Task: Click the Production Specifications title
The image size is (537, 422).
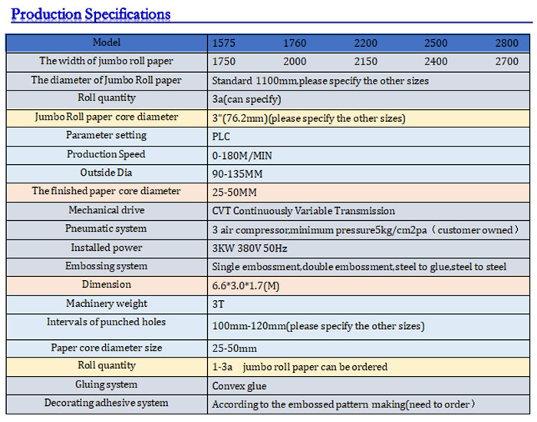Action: [x=91, y=14]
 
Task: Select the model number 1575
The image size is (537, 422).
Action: [x=225, y=43]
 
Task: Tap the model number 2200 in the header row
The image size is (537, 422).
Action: [x=365, y=43]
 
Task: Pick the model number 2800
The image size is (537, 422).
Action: [x=507, y=43]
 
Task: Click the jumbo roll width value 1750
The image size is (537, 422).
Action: [x=224, y=61]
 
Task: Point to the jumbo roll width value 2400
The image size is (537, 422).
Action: [x=436, y=61]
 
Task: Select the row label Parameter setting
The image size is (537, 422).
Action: [x=106, y=136]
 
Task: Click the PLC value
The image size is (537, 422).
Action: [x=221, y=137]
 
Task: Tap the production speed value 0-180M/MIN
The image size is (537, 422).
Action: [x=242, y=155]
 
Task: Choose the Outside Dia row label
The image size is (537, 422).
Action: [x=106, y=173]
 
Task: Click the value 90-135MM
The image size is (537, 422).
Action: [x=236, y=173]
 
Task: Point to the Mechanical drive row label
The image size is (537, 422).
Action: [x=106, y=210]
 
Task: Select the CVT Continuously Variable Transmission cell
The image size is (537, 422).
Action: [x=303, y=211]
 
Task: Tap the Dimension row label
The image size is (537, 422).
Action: [x=106, y=285]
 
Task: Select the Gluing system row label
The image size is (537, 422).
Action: [x=106, y=384]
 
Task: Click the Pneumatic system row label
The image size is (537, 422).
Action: [x=106, y=229]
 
